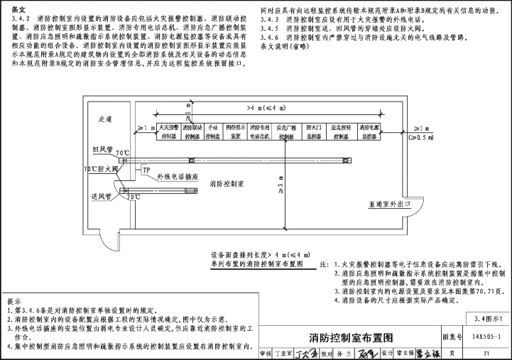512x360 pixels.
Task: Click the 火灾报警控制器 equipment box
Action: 169,131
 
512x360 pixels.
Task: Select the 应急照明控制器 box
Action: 344,131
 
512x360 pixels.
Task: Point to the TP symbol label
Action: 146,171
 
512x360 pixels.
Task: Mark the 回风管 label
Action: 103,150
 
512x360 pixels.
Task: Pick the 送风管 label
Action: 103,195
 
